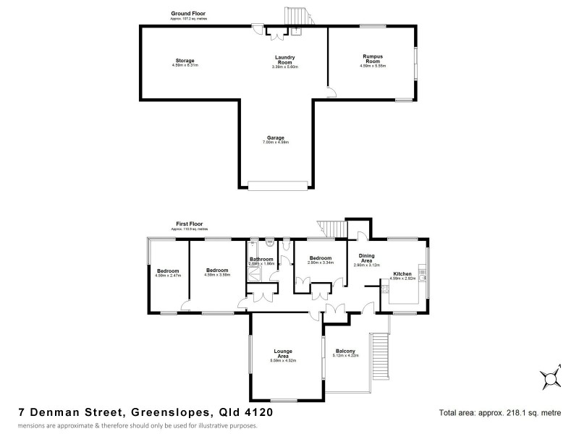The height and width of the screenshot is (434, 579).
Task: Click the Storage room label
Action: [185, 61]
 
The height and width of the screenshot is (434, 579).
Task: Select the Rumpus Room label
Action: [372, 60]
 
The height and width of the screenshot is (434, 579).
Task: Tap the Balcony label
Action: [345, 352]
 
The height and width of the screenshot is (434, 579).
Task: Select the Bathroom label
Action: [261, 260]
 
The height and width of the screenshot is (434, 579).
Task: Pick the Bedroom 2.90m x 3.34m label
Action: [320, 260]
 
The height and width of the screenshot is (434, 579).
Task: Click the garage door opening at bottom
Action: [278, 184]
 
